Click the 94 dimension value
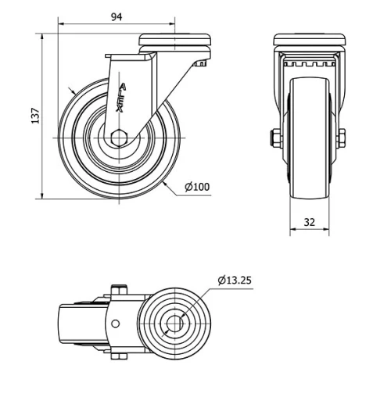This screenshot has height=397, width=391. click(x=115, y=17)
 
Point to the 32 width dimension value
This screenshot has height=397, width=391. click(x=309, y=222)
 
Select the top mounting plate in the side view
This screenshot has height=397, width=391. click(x=176, y=39)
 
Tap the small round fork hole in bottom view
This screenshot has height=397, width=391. click(x=116, y=323)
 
